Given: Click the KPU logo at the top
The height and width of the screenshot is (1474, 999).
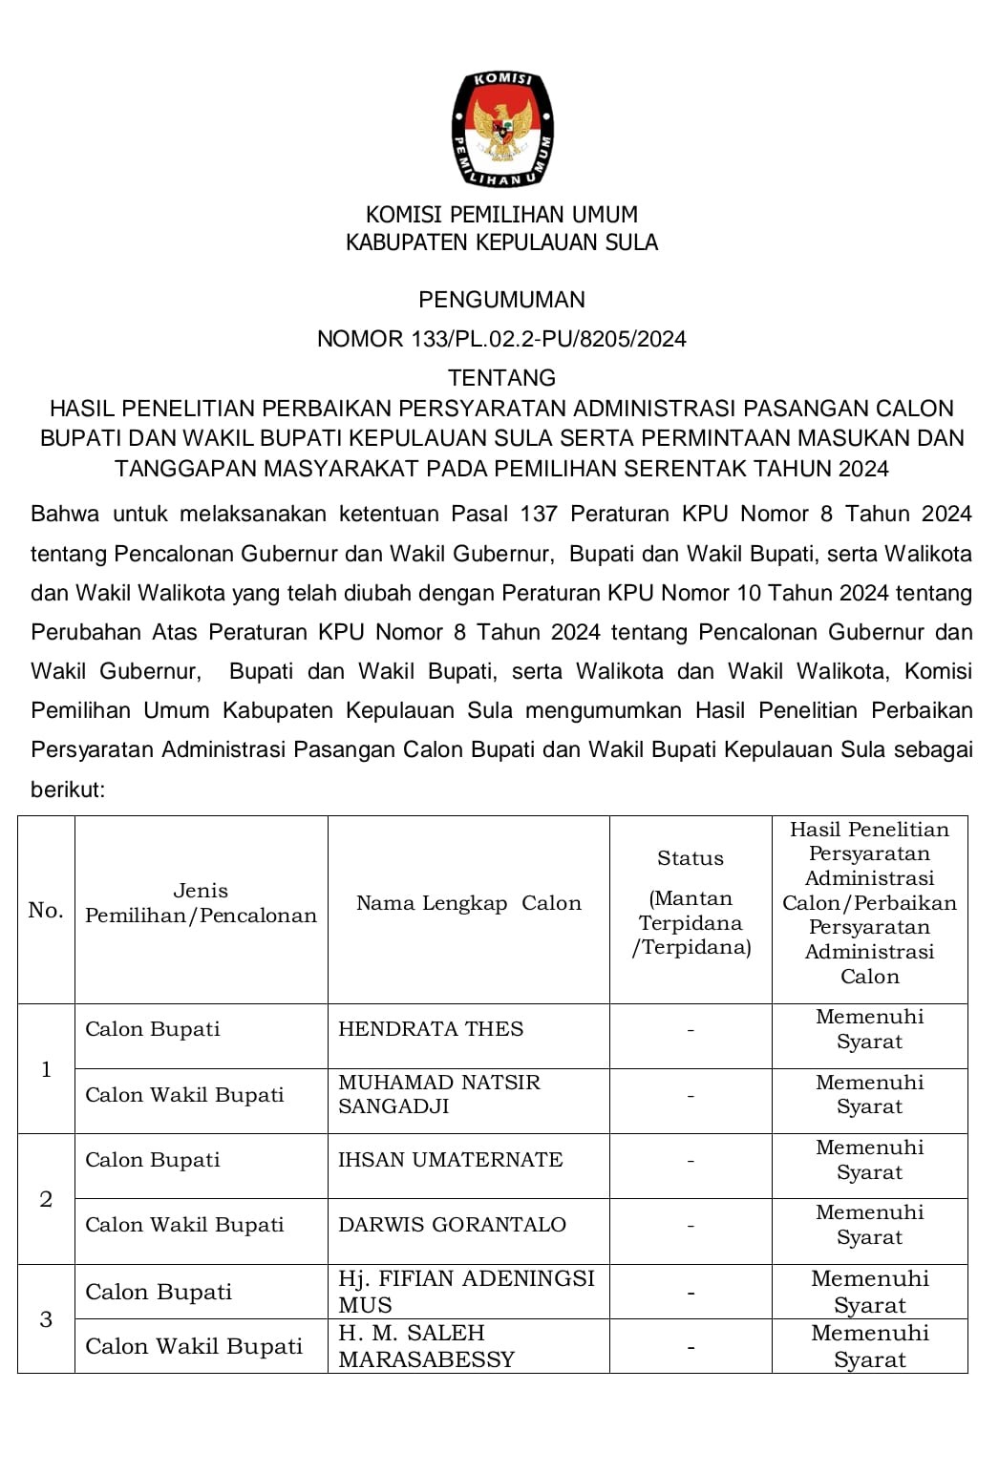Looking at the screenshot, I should (501, 128).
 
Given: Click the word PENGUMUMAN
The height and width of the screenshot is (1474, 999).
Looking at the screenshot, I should (501, 300).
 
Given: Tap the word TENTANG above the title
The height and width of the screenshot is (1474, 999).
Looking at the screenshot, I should (501, 378).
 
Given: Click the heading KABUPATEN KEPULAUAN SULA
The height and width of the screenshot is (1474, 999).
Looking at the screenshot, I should (501, 242).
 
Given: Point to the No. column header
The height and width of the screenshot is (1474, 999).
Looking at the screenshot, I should (46, 910).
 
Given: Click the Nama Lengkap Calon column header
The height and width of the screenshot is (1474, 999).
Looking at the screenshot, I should (468, 903).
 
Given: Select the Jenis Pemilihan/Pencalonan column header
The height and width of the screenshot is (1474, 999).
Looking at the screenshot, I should (201, 903).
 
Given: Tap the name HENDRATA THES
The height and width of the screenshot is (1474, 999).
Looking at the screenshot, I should (431, 1029).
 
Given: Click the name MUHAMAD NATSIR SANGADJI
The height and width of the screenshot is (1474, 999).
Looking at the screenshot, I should (438, 1094).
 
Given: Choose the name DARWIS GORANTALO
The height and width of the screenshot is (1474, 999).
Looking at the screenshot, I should (452, 1225).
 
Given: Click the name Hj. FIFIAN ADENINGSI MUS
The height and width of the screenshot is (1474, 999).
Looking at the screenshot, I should (466, 1292).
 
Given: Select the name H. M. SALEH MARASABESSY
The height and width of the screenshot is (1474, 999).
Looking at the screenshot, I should (426, 1346).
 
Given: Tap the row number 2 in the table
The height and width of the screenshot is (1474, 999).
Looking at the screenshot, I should (46, 1199).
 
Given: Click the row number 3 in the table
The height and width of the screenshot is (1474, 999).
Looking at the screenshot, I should (46, 1319).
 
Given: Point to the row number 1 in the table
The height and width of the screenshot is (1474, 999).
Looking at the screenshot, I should (46, 1069).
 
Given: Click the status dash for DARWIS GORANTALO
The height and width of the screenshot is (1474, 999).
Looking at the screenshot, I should (691, 1226).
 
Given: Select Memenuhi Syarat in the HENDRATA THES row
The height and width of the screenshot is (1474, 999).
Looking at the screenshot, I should (869, 1029).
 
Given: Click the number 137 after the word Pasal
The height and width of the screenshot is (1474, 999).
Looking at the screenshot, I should (539, 514).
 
